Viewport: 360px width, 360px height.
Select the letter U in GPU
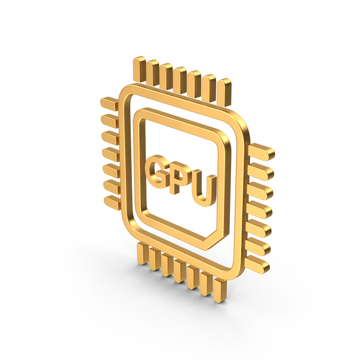203,188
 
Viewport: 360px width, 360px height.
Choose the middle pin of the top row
181,77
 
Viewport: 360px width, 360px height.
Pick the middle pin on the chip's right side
261,201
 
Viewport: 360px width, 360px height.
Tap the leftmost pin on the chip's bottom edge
143,253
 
